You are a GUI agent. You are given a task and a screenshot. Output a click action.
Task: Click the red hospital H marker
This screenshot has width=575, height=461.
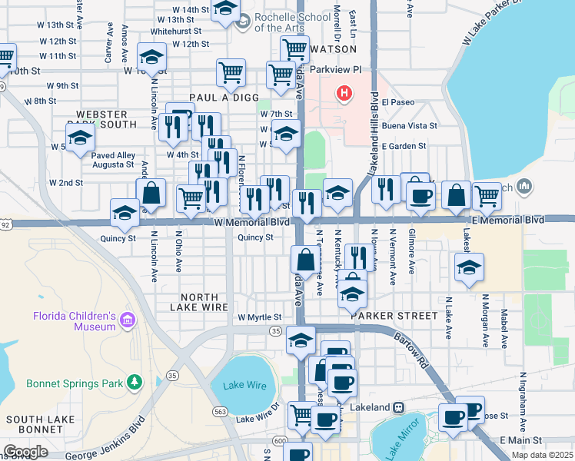click(x=344, y=95)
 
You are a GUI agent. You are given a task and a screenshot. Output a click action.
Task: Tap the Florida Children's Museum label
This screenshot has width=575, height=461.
click(x=74, y=321)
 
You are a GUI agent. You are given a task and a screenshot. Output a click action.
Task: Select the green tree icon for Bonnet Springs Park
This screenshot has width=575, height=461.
click(x=135, y=381)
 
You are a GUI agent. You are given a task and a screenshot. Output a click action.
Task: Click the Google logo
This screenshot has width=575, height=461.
click(x=25, y=452)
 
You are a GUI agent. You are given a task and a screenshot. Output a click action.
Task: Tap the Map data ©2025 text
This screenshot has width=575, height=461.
click(x=542, y=455)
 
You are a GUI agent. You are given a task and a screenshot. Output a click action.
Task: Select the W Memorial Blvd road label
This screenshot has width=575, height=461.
click(x=251, y=221)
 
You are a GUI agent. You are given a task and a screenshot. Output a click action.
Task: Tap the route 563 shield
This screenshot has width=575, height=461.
click(x=221, y=412)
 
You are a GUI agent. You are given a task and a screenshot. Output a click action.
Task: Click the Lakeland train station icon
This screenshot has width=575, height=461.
click(x=399, y=407)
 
